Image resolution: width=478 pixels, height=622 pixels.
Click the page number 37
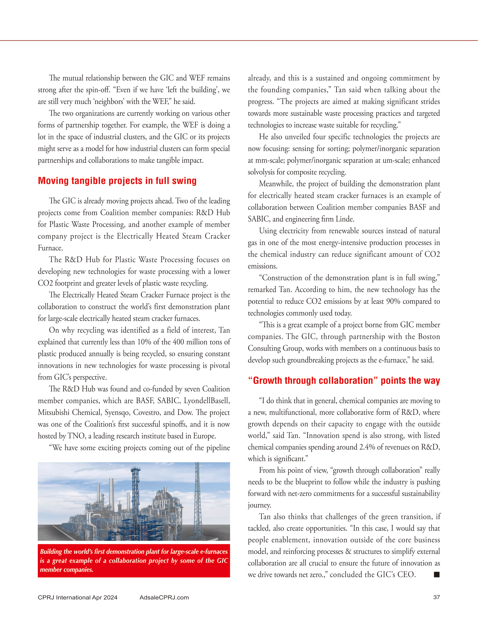pyautogui.click(x=436, y=597)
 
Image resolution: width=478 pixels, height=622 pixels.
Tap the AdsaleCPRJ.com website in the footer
pyautogui.click(x=164, y=597)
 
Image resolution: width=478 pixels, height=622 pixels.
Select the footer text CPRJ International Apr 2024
pyautogui.click(x=77, y=597)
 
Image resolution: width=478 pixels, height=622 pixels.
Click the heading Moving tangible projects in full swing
pyautogui.click(x=117, y=181)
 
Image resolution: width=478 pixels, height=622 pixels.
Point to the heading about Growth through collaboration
pyautogui.click(x=344, y=380)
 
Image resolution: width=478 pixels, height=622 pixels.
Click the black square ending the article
pyautogui.click(x=436, y=575)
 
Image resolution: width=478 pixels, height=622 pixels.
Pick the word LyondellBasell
pyautogui.click(x=207, y=401)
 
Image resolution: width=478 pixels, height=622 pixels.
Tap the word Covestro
pyautogui.click(x=146, y=412)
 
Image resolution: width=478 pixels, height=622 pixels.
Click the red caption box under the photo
pyautogui.click(x=134, y=561)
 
